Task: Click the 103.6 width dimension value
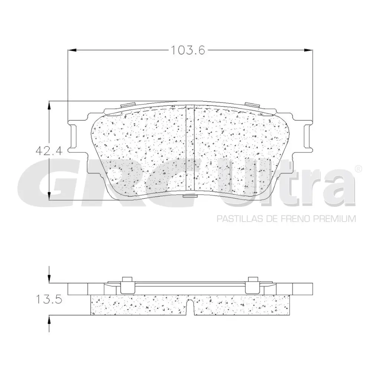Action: [x=188, y=50]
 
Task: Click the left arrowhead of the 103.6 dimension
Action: [x=71, y=50]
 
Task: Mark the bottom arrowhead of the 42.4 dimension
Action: [x=50, y=197]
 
